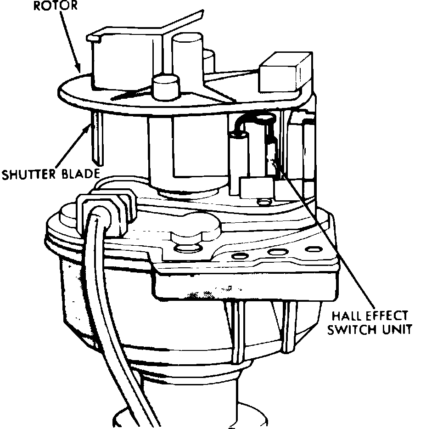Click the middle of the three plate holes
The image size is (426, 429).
pos(276,252)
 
